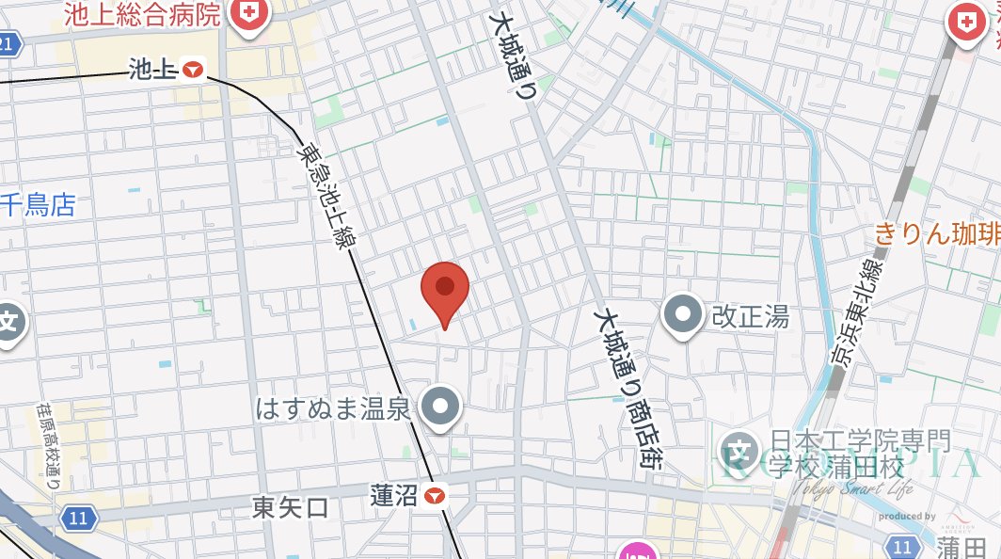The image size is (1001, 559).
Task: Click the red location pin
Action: (445, 290)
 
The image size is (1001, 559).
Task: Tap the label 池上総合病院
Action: (142, 14)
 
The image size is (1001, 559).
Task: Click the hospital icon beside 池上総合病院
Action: (249, 13)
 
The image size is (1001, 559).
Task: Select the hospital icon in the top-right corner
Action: (967, 19)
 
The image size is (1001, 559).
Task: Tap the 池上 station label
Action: (153, 69)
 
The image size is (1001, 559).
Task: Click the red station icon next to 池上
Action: (194, 69)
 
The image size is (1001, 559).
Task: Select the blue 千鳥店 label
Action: (38, 205)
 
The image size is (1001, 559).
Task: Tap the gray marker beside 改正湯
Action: (684, 314)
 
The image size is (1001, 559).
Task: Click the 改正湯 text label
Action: (750, 315)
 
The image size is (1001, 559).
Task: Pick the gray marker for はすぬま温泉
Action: (439, 407)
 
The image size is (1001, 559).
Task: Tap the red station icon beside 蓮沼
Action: (435, 495)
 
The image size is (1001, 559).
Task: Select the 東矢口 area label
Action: (291, 508)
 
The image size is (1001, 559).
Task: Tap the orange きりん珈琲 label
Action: (937, 233)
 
